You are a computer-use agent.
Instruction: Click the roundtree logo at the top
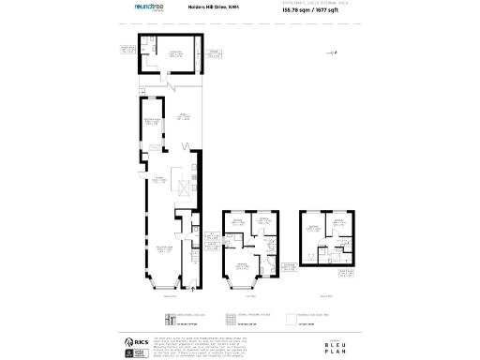click(150, 8)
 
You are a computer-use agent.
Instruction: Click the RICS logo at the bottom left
click(131, 343)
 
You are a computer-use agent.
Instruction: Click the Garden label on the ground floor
click(173, 117)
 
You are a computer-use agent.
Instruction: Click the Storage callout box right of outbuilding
click(215, 54)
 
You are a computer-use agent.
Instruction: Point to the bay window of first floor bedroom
click(232, 278)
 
